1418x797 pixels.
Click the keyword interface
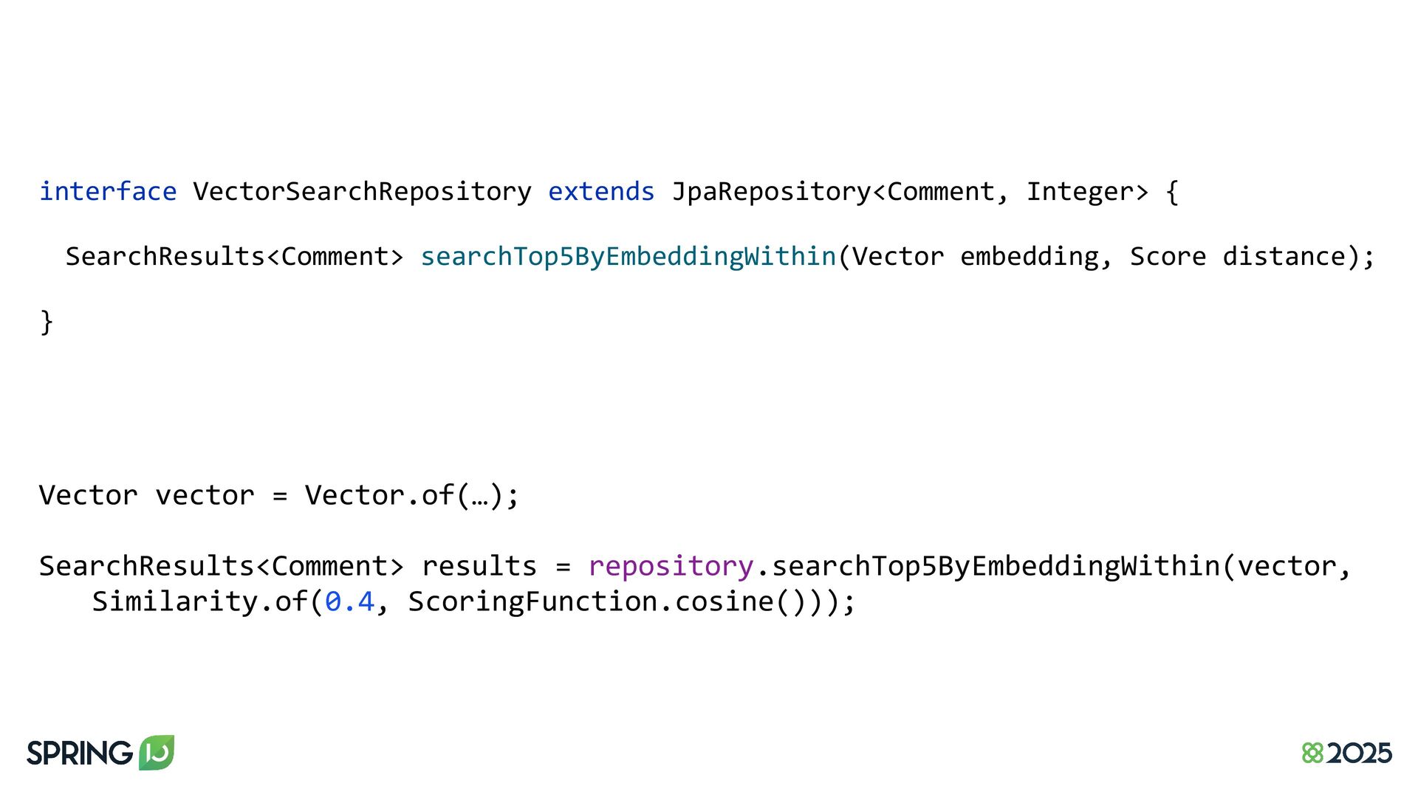(108, 191)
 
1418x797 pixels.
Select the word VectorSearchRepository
(362, 191)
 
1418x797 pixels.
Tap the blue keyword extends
(601, 191)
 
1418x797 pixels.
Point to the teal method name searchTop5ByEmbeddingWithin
(628, 256)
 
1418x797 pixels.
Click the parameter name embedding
(1029, 256)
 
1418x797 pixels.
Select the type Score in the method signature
(1168, 256)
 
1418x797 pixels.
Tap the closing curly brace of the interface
(47, 322)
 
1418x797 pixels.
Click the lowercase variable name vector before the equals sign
(205, 495)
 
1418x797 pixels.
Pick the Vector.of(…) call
(411, 495)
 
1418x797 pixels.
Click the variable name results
(479, 566)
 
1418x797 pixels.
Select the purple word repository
(671, 566)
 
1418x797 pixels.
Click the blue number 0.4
(349, 601)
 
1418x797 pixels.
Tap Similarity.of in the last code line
(199, 601)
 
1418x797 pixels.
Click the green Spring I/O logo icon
(157, 752)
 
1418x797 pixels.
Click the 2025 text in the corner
(1359, 753)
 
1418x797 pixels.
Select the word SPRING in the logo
(80, 753)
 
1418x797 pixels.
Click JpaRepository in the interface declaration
(771, 191)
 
